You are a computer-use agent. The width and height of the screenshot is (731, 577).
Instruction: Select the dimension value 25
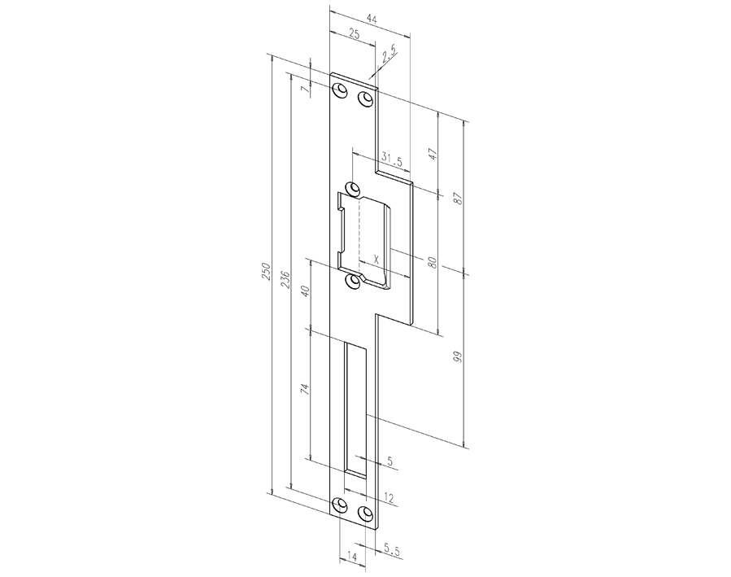pos(354,33)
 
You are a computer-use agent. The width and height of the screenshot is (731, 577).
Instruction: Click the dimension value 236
pos(285,279)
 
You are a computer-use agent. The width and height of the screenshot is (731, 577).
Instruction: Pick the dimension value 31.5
pos(391,161)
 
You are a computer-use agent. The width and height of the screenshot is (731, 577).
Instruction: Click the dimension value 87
pos(458,198)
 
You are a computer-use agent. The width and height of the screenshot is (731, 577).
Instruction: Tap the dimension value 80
pos(433,263)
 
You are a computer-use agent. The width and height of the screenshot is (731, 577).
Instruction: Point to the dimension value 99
pos(457,357)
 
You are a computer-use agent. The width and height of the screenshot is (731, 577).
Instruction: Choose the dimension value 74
pos(305,390)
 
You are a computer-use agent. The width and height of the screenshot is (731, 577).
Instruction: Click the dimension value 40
pos(305,291)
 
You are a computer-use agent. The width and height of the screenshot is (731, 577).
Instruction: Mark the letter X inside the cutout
pos(375,258)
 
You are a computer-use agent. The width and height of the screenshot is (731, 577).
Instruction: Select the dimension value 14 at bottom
pos(351,556)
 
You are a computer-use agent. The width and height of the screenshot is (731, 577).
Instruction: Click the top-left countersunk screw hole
pos(340,89)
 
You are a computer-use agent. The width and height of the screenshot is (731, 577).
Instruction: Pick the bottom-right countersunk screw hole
pos(365,514)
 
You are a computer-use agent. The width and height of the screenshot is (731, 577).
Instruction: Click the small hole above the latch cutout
pos(353,189)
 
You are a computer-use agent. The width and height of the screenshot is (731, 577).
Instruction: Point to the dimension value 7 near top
pos(305,89)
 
